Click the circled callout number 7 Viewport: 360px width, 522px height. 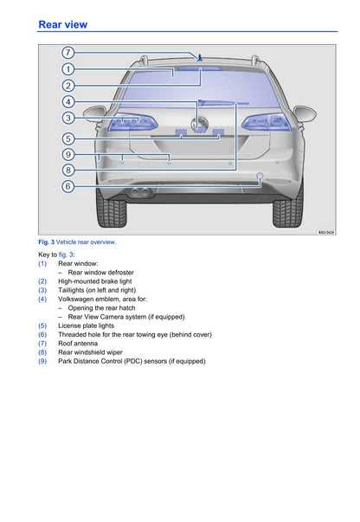coord(67,53)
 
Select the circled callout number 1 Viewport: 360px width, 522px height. coord(67,69)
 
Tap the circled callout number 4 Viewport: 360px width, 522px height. coord(67,101)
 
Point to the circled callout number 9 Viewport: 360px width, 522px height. coord(67,154)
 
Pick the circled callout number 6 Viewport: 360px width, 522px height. coord(67,186)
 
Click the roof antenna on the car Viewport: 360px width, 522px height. coord(199,58)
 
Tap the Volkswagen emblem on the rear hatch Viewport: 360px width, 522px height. coord(200,126)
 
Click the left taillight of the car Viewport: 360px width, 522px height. coord(132,122)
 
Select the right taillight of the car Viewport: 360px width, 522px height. coord(267,122)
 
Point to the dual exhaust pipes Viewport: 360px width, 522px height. coord(140,192)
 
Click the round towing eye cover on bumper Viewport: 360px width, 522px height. coord(260,176)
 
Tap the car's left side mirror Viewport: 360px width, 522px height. coord(95,113)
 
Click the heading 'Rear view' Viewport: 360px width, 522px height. coord(63,24)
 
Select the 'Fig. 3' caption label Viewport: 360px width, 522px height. coord(46,242)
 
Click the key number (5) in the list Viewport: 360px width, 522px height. coord(42,325)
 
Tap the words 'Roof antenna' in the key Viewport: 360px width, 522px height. coord(78,343)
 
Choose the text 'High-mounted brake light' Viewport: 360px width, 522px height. coord(95,281)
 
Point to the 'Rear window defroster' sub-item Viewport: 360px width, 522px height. coord(100,273)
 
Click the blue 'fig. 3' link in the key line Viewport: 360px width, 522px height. coord(66,255)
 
